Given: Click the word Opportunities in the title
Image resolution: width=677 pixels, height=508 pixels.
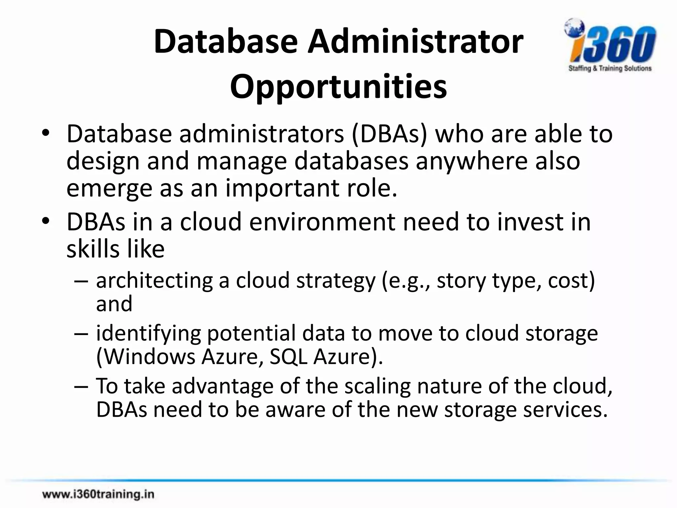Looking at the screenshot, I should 338,87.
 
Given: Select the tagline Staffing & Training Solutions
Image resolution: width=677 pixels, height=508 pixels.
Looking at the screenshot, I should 610,68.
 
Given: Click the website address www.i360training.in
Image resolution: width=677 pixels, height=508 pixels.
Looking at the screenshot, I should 98,494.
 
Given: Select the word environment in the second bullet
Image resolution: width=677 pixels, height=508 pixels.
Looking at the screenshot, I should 322,222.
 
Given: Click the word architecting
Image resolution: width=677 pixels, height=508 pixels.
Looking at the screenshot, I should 154,280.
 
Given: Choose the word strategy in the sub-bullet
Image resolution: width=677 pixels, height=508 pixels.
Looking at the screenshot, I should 336,280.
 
